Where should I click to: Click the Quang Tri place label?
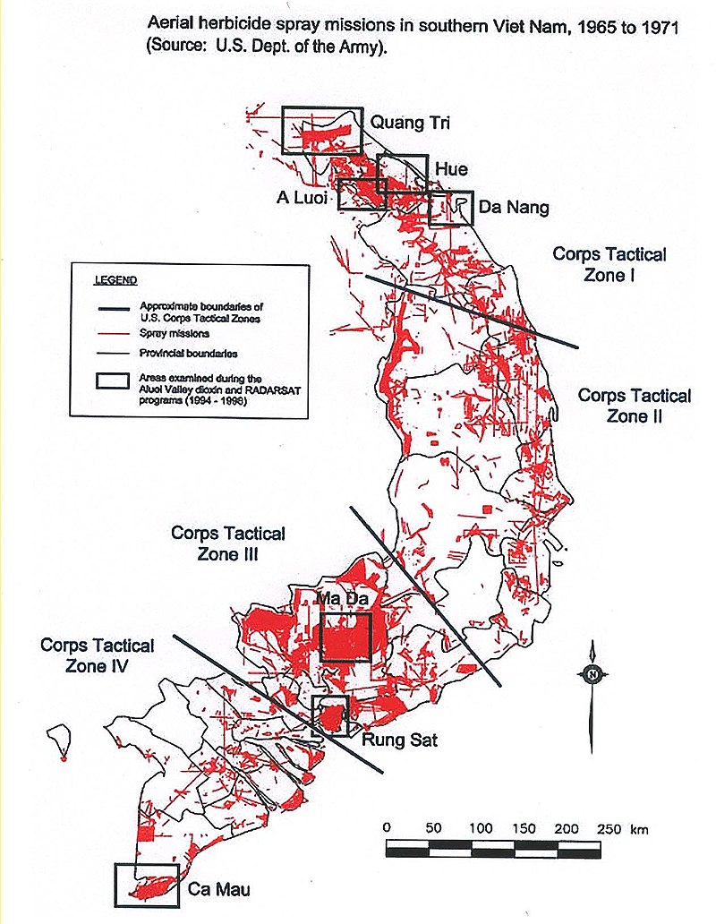[x=409, y=125]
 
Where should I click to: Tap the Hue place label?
[x=450, y=169]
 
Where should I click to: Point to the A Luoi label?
[x=304, y=195]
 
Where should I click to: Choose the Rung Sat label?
[x=399, y=740]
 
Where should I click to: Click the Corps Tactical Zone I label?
[x=609, y=264]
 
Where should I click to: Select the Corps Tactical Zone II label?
[x=634, y=406]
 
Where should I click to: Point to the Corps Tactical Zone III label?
[x=228, y=543]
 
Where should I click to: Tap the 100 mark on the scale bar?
[x=481, y=828]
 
